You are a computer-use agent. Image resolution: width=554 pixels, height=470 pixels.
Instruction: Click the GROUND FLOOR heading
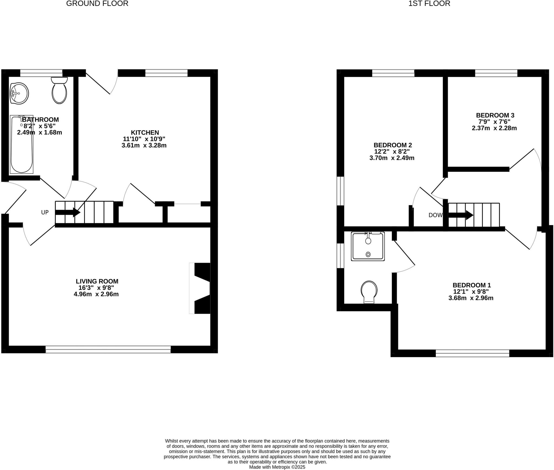[97, 4]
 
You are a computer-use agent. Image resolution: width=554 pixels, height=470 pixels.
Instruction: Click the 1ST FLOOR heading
[429, 4]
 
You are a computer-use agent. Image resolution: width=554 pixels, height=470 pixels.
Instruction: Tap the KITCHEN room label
[145, 132]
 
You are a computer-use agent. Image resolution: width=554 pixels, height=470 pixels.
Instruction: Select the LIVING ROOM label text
[97, 281]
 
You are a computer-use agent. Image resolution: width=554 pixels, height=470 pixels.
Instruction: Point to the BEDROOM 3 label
[495, 115]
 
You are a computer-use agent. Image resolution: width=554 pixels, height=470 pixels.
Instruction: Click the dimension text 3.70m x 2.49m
[392, 158]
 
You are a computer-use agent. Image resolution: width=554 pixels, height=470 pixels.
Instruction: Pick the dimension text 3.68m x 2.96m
[471, 298]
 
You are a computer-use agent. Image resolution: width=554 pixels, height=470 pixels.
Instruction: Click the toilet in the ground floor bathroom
[59, 90]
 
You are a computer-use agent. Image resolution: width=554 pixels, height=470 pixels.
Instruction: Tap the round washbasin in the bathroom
[19, 93]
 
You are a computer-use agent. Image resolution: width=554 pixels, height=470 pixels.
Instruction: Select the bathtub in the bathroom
[22, 145]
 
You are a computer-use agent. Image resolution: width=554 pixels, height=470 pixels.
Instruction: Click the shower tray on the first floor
[368, 246]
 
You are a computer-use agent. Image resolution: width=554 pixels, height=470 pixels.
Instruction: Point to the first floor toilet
[369, 292]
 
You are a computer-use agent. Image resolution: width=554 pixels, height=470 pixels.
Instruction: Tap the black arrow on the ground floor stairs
[68, 212]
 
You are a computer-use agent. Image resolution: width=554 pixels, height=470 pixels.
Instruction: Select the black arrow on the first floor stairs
[461, 215]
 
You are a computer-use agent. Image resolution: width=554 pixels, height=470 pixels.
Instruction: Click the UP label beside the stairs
[45, 212]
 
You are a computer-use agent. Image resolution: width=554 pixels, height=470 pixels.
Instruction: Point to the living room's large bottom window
[108, 351]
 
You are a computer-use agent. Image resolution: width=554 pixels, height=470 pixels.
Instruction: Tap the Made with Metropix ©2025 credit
[277, 467]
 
